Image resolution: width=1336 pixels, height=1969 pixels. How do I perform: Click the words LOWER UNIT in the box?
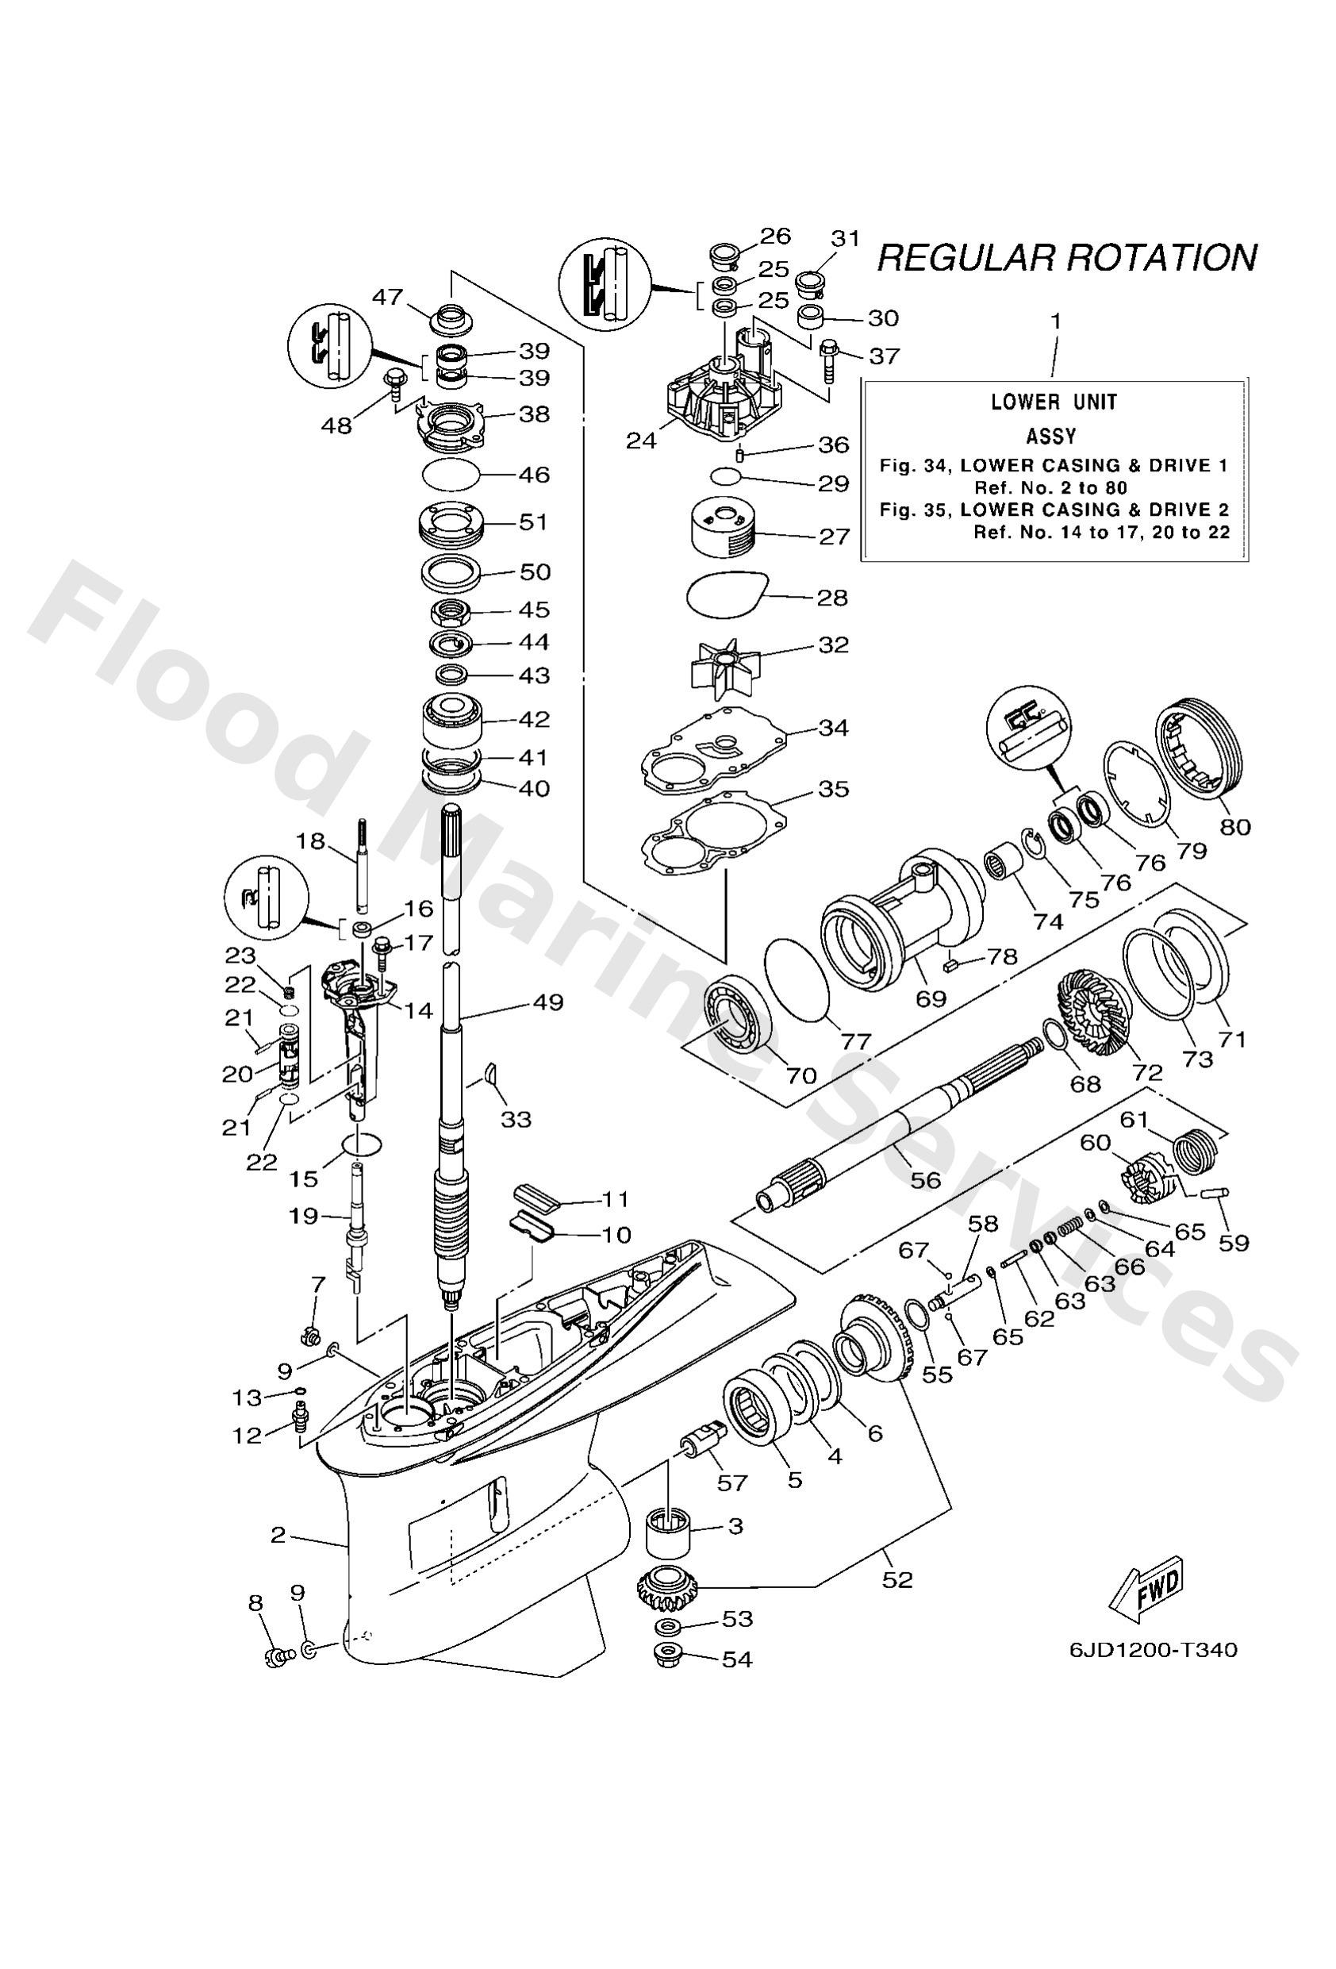[x=1054, y=402]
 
